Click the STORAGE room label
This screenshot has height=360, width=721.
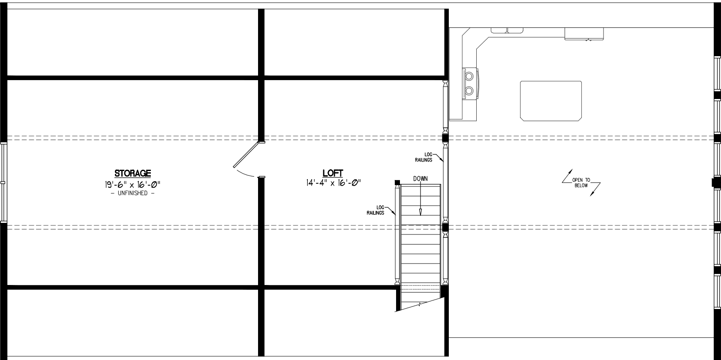[x=132, y=173]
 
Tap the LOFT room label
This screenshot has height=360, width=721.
[x=332, y=173]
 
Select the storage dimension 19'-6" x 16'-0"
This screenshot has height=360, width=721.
[x=132, y=184]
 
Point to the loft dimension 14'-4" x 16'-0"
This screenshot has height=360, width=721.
[x=332, y=183]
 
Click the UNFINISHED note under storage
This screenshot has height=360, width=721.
[x=132, y=193]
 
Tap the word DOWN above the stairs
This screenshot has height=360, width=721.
[x=420, y=179]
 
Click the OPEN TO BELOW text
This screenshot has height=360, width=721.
[x=581, y=183]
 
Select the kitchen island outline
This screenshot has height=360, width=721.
[x=551, y=100]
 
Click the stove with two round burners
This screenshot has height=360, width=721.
[x=470, y=84]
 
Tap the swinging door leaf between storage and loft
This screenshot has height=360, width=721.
[x=246, y=155]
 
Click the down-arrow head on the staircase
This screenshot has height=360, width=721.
[x=421, y=211]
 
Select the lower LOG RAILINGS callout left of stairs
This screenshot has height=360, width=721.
[x=375, y=210]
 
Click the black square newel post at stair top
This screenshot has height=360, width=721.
[x=397, y=183]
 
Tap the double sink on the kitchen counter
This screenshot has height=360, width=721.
[x=507, y=30]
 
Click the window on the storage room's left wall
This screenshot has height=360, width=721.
[x=3, y=183]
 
